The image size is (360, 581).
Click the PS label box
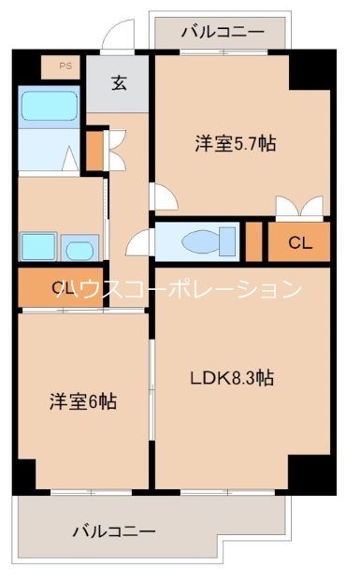[x=64, y=66]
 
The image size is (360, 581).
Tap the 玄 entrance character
[x=120, y=83]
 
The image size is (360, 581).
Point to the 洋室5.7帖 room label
[x=235, y=144]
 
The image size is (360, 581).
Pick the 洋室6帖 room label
[x=83, y=402]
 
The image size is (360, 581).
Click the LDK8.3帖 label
[x=232, y=379]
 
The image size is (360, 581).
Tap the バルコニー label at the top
[x=222, y=32]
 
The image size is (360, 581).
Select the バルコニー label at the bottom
[x=114, y=530]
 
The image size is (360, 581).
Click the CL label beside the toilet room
[x=298, y=243]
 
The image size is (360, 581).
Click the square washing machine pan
[x=38, y=247]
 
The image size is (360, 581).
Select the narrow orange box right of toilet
[x=253, y=242]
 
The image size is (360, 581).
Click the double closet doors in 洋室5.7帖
[x=299, y=208]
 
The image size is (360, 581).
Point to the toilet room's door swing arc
[x=138, y=241]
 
